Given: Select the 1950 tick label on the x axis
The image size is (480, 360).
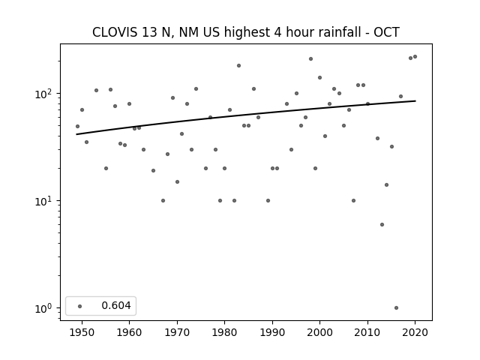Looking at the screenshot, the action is click(x=82, y=332).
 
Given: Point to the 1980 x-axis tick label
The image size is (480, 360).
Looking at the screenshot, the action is click(x=224, y=332).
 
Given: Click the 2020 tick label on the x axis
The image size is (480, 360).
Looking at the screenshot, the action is click(x=415, y=332).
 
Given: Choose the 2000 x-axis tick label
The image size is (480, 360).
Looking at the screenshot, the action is click(x=319, y=332).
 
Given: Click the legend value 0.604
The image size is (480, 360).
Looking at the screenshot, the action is click(x=116, y=305).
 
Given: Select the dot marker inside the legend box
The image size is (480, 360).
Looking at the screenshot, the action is click(x=80, y=306).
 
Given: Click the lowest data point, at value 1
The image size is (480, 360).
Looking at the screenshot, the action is click(x=396, y=308).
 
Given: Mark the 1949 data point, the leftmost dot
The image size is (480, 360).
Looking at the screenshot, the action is click(x=77, y=127).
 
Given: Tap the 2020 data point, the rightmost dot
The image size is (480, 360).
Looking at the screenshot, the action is click(x=415, y=57).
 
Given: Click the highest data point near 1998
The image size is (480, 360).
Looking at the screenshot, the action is click(x=310, y=58).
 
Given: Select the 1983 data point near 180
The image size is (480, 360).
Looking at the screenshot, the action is click(x=238, y=65).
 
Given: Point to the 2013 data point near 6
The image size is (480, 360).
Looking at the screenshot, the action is click(x=382, y=225).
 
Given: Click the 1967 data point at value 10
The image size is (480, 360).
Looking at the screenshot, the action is click(x=163, y=201).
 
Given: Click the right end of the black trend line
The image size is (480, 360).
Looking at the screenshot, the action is click(x=415, y=100).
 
